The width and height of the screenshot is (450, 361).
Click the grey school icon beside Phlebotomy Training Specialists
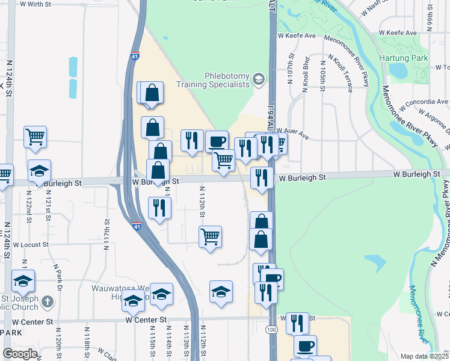click(x=259, y=79)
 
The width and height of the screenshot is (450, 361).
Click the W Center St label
click(x=144, y=320)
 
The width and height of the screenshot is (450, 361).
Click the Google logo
click(x=20, y=354)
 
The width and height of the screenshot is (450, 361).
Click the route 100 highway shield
click(x=271, y=330)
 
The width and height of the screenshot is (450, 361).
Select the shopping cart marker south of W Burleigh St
click(x=210, y=236)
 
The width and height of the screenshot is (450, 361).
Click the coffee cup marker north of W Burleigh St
click(x=217, y=142)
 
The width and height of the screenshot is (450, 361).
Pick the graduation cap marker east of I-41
click(x=221, y=292)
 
